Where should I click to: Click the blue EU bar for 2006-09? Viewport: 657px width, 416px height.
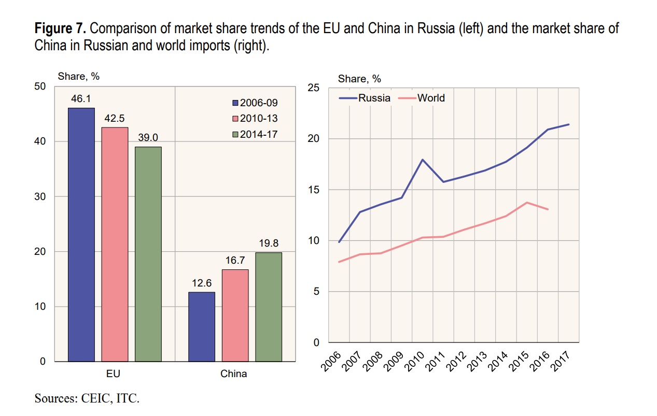81,234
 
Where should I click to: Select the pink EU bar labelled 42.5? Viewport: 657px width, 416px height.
115,244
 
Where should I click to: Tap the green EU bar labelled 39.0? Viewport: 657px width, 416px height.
148,254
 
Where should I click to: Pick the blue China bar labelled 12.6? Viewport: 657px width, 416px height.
201,326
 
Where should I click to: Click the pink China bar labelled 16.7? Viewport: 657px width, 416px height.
235,315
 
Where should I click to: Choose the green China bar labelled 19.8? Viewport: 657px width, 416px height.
268,307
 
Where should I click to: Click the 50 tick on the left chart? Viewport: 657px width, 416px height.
40,86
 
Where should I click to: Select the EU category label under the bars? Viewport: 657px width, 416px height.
115,373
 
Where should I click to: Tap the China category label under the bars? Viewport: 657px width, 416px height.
234,373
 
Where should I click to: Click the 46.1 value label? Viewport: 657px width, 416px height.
81,98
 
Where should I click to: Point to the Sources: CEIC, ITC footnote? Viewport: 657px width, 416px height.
87,398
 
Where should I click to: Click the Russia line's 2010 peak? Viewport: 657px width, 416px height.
423,160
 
